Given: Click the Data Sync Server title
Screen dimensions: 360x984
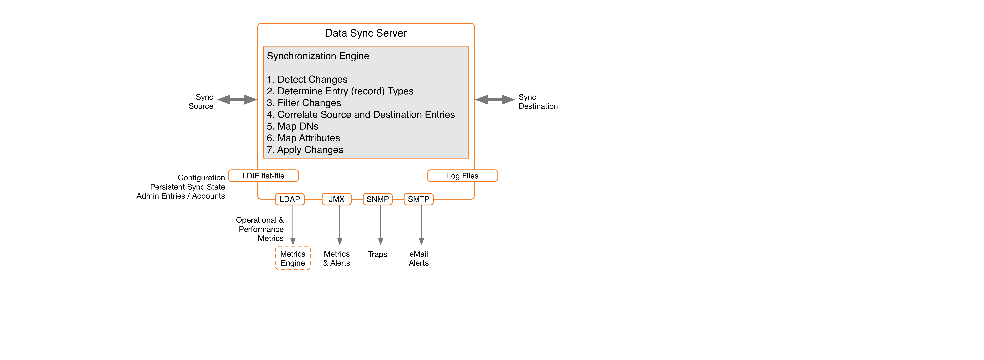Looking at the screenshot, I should pos(366,33).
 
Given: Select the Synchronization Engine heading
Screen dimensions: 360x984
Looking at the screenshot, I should pos(318,56).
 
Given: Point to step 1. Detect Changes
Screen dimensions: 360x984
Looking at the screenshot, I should pos(307,80).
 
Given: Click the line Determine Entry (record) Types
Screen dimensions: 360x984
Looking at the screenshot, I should pos(340,91).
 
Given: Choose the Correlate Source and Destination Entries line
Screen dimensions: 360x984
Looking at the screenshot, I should pos(361,115).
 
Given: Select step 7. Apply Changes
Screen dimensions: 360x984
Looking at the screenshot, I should pos(305,150).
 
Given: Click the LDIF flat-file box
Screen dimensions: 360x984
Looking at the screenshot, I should pos(263,176).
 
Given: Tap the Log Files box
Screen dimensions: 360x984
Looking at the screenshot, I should pos(462,176).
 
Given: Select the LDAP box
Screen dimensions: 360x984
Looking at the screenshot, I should pos(290,199).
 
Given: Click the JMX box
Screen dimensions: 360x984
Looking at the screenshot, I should pos(336,199).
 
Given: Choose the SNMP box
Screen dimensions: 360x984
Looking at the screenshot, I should pos(377,199).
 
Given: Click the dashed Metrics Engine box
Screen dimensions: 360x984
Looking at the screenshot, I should pos(293,258).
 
